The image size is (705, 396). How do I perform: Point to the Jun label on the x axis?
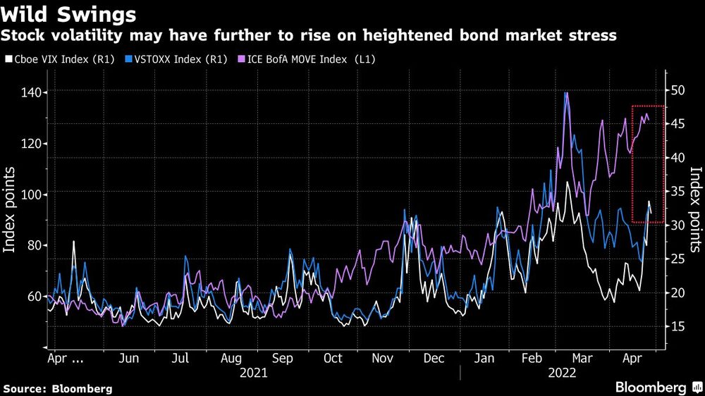point(128,358)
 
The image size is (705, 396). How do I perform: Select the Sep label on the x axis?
point(282,358)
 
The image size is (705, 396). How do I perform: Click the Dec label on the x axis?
point(434,358)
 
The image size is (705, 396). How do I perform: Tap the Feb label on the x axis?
point(532,358)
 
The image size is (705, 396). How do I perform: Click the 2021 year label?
point(253,373)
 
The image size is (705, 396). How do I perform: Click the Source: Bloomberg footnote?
point(58,388)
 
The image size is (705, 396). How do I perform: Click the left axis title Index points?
point(11,210)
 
